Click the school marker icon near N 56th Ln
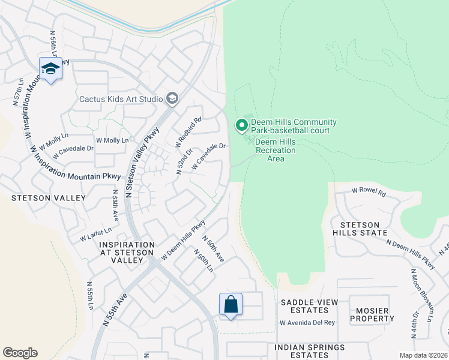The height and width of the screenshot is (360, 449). coord(51,69)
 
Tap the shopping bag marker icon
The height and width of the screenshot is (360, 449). coord(231,305)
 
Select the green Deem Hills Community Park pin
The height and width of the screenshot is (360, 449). coord(241,125)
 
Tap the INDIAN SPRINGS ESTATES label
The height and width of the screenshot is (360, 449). coord(310,352)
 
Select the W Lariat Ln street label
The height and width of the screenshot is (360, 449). coord(96,235)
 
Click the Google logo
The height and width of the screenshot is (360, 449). coord(20,352)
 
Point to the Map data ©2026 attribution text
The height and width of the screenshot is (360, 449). coord(423,355)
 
